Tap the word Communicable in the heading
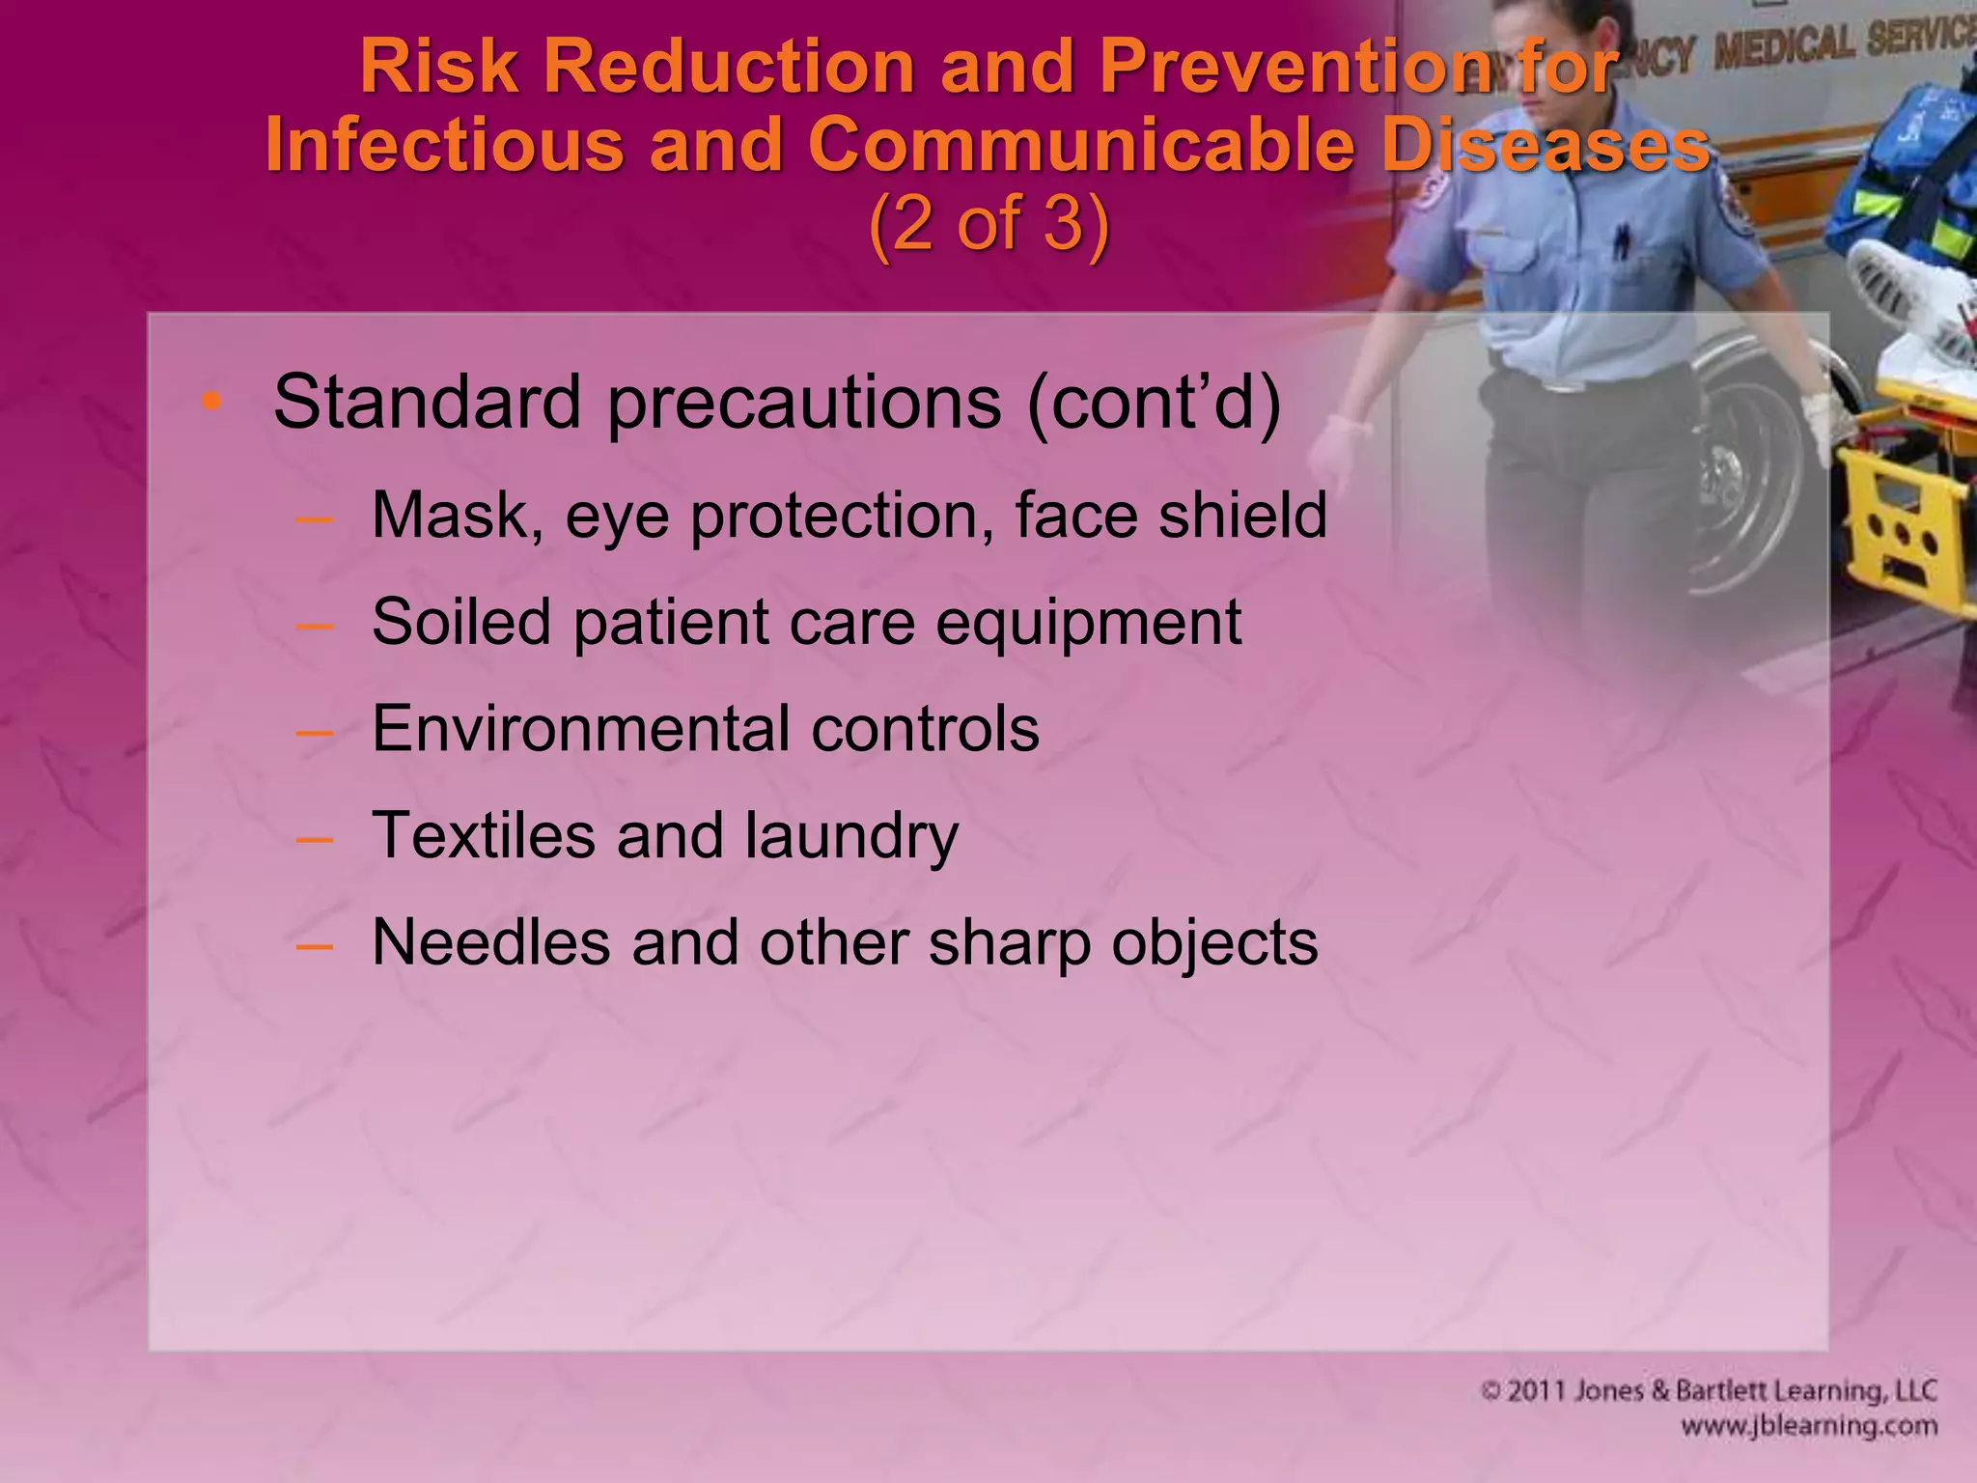point(1079,145)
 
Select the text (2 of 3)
point(988,224)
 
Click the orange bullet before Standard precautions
point(211,402)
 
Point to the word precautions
point(804,404)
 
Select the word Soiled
point(461,622)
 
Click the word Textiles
point(484,835)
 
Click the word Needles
point(490,942)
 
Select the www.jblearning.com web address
point(1808,1426)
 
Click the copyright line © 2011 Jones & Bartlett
point(1709,1391)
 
